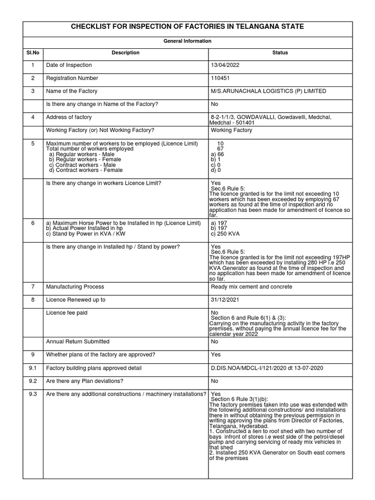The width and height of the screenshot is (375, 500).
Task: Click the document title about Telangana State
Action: click(x=187, y=26)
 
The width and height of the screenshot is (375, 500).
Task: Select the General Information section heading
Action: click(x=187, y=41)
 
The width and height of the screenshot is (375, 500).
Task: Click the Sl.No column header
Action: click(x=33, y=53)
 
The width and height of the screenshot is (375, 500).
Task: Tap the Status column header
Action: click(x=280, y=53)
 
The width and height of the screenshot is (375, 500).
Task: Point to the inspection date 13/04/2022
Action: click(x=225, y=65)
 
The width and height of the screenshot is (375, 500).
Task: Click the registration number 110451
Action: click(x=220, y=78)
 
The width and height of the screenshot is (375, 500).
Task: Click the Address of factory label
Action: click(x=68, y=117)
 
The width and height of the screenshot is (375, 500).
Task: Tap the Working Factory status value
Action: click(x=231, y=130)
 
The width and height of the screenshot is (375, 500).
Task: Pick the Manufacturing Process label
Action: click(x=75, y=287)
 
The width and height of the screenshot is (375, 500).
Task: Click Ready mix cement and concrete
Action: click(x=251, y=287)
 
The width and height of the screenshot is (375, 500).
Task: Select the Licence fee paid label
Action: click(x=66, y=312)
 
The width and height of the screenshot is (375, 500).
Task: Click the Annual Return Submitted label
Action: click(x=77, y=341)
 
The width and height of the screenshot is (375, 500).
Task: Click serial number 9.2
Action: click(x=33, y=380)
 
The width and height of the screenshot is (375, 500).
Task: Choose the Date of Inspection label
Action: click(x=68, y=65)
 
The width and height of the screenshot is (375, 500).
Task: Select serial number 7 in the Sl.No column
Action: click(x=33, y=287)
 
